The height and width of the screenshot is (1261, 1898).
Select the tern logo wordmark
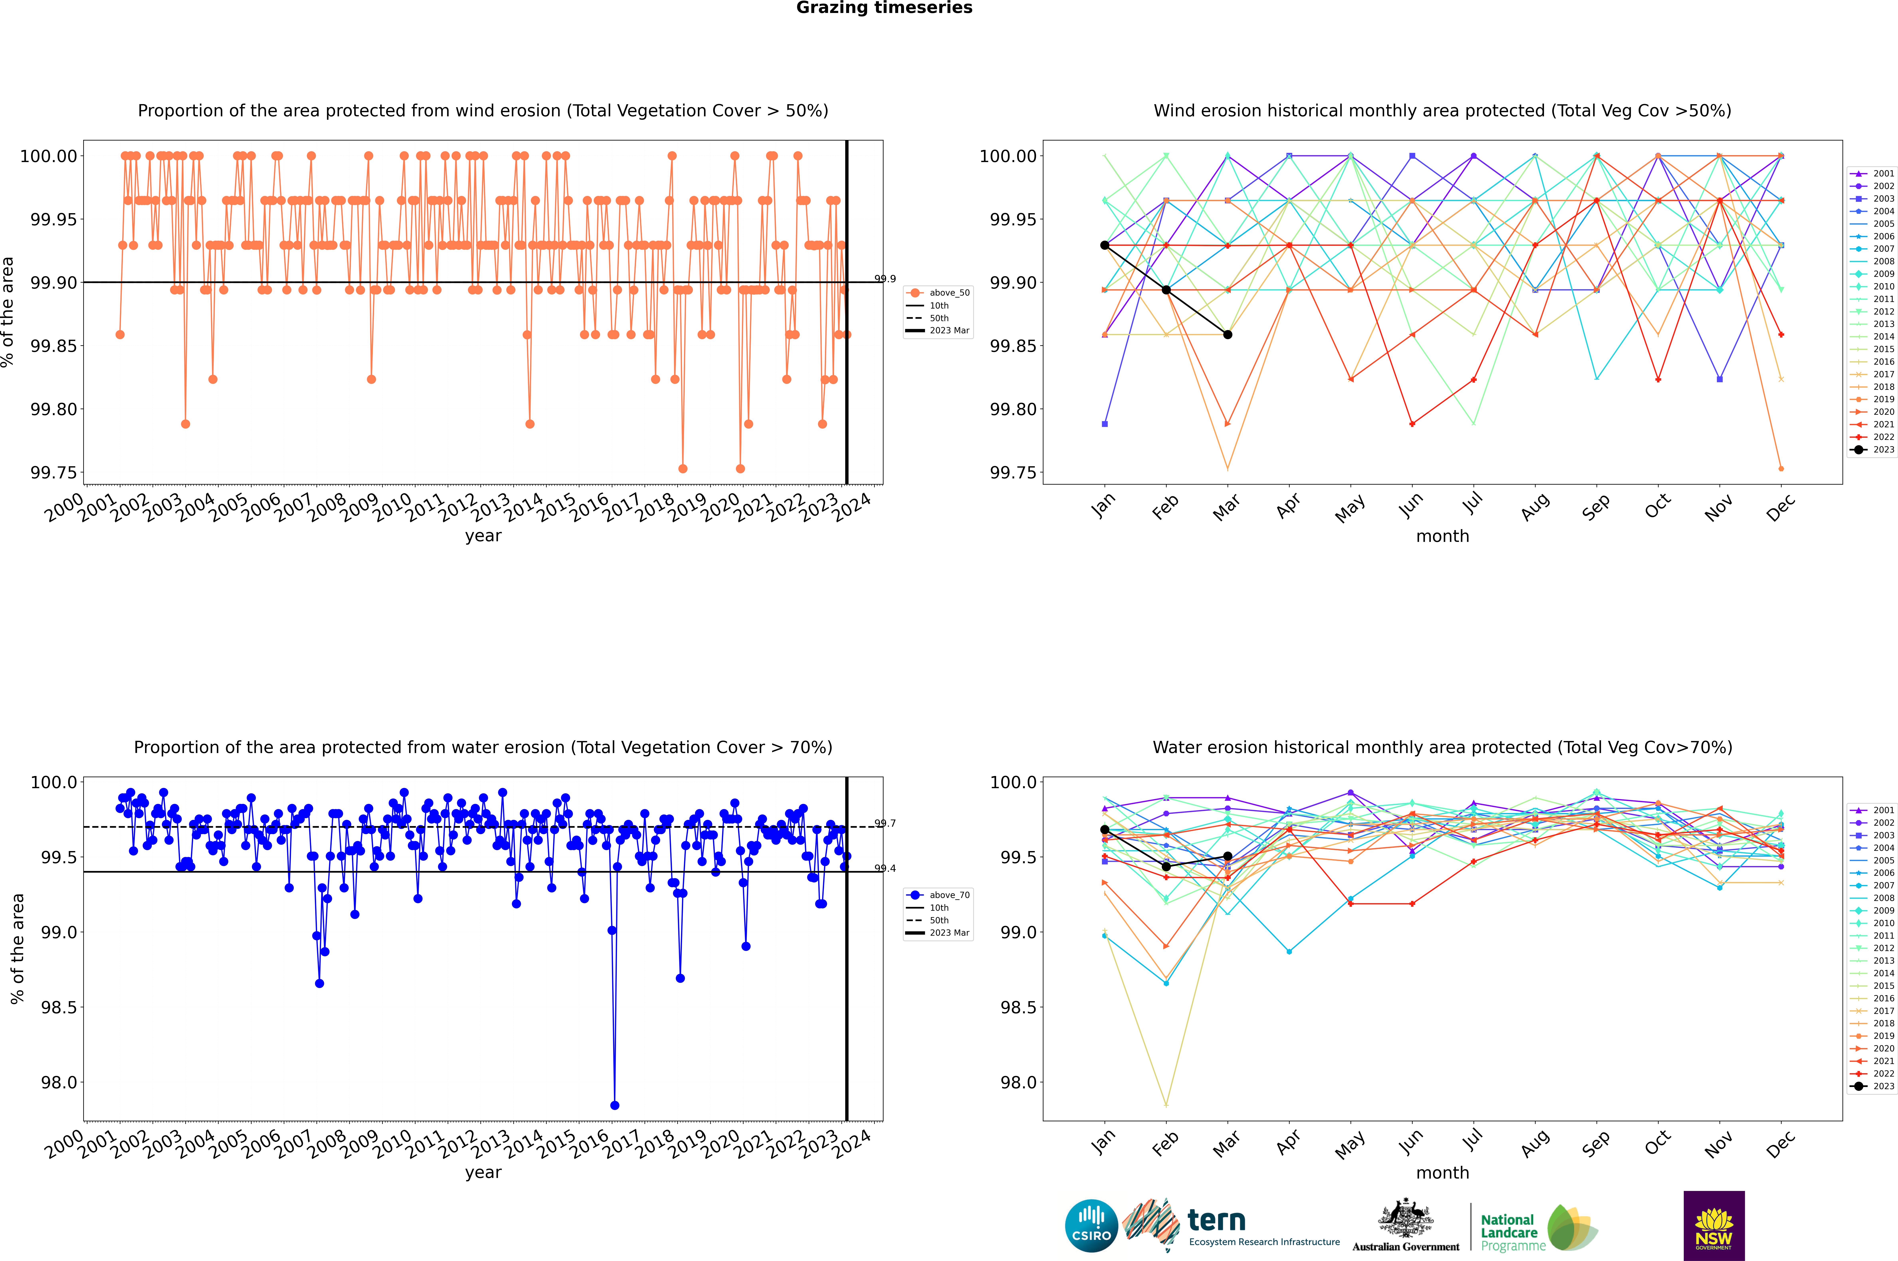tap(1217, 1221)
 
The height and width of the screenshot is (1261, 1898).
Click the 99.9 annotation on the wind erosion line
tap(885, 279)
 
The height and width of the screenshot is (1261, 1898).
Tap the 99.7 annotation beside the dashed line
tap(885, 824)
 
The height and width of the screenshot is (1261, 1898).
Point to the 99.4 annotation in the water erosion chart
tap(885, 869)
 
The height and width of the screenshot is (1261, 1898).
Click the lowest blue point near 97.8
tap(615, 1105)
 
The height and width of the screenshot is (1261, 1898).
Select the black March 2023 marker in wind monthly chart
tap(1227, 335)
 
